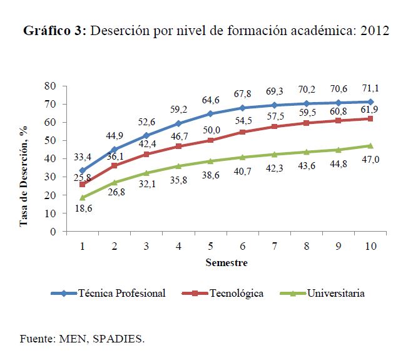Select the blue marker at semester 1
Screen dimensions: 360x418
pyautogui.click(x=83, y=170)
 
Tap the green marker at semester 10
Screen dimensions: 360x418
pyautogui.click(x=370, y=146)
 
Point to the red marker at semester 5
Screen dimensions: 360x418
pyautogui.click(x=210, y=140)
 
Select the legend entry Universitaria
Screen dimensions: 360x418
pyautogui.click(x=332, y=293)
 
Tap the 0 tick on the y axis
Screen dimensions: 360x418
pyautogui.click(x=54, y=232)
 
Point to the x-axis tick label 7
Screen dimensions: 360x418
pyautogui.click(x=274, y=247)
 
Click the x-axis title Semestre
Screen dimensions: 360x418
pyautogui.click(x=226, y=263)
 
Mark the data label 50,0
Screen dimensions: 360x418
pyautogui.click(x=209, y=128)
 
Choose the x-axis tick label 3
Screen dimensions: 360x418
pyautogui.click(x=146, y=247)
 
